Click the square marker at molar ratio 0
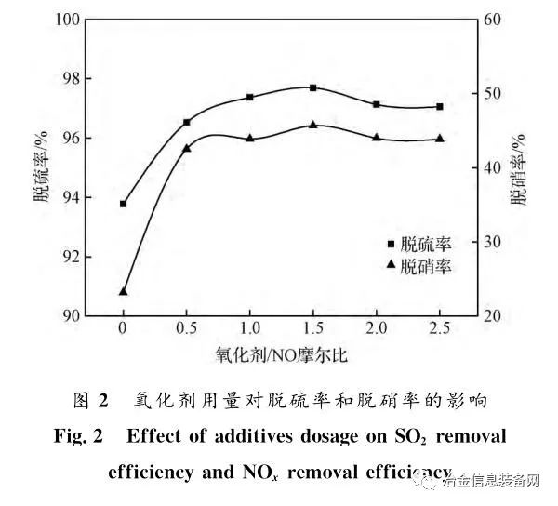(123, 204)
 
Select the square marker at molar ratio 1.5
(313, 87)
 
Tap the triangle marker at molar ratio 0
(123, 291)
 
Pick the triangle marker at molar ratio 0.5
(187, 148)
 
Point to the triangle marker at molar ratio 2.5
(440, 139)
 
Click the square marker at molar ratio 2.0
(377, 104)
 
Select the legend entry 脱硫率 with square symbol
(418, 245)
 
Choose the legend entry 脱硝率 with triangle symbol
(418, 267)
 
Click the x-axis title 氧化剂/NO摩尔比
(281, 356)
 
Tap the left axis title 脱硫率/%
(42, 166)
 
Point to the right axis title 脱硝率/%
(518, 166)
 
